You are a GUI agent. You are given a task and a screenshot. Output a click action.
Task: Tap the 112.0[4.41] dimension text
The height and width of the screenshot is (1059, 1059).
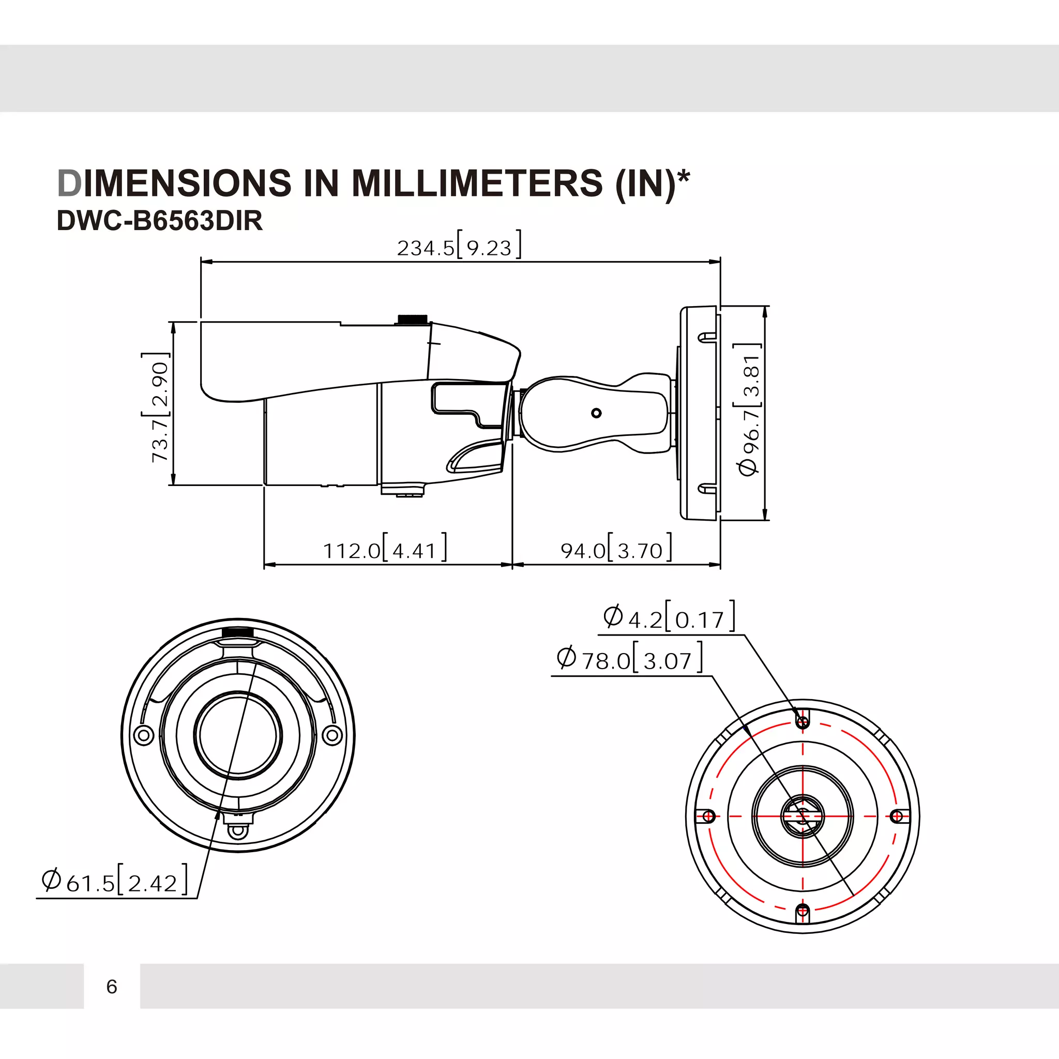(384, 550)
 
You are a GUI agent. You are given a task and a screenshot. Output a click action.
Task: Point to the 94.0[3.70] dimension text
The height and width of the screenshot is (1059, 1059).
(615, 550)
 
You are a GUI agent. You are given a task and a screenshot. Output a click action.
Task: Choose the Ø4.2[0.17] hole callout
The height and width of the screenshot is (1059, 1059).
(669, 618)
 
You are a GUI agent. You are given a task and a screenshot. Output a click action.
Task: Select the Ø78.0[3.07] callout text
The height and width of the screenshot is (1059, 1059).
(629, 659)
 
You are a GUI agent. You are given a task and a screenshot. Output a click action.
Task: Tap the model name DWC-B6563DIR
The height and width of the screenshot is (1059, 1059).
(159, 221)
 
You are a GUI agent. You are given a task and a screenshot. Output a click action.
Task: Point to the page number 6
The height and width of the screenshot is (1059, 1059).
(112, 986)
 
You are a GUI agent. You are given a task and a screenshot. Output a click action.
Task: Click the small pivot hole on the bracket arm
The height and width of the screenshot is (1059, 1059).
(596, 413)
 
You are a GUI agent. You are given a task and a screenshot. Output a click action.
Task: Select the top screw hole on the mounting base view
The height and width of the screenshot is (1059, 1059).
(803, 721)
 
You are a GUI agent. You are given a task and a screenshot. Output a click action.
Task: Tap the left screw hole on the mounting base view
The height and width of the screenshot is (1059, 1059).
(708, 816)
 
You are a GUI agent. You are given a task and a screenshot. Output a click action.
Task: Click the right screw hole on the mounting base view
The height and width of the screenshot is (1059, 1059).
(897, 816)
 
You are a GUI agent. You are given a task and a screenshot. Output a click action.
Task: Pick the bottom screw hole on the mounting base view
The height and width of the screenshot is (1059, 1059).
(803, 911)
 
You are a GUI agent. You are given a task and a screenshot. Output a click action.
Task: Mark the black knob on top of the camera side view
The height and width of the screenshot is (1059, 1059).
(412, 319)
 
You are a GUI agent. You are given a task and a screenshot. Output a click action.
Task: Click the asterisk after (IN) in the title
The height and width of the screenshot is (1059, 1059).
(684, 177)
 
